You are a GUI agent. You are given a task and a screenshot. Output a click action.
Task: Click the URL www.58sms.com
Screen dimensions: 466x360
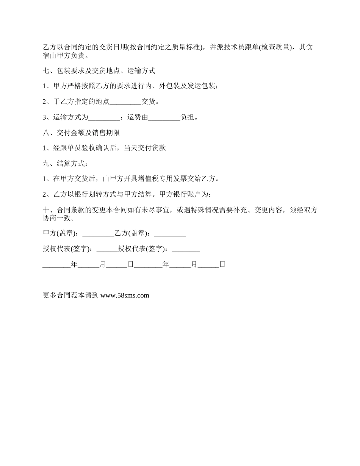(125, 296)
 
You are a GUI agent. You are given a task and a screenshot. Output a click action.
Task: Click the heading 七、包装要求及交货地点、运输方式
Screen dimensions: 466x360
(99, 71)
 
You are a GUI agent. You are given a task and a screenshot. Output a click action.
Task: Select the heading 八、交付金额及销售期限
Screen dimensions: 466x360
(81, 133)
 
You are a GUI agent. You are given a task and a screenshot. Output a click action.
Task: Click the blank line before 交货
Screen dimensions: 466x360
(125, 102)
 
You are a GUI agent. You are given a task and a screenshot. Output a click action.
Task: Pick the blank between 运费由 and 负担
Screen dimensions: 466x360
(164, 117)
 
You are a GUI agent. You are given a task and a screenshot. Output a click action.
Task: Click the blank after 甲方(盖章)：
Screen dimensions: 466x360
(98, 234)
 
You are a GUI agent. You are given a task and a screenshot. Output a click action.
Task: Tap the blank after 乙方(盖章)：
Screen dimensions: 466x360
(170, 234)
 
